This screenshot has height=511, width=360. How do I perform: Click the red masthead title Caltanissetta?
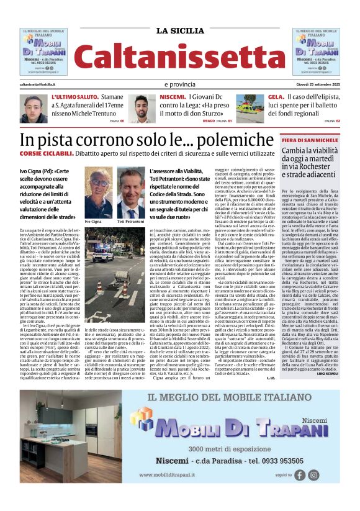[179, 57]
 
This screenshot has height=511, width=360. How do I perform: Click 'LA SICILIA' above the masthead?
[179, 30]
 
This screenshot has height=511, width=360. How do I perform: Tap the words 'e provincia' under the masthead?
[180, 84]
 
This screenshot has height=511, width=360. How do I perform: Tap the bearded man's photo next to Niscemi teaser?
[142, 108]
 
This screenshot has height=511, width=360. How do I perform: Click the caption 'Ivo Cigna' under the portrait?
[93, 221]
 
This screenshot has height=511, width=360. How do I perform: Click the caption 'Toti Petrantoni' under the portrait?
[130, 221]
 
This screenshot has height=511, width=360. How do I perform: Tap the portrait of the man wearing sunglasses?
[98, 192]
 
